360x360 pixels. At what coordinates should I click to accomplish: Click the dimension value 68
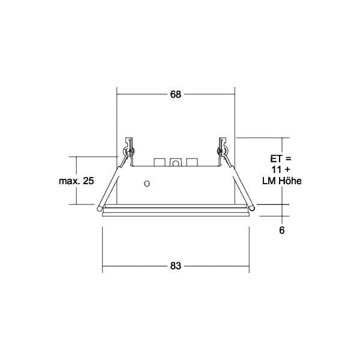pos(176,94)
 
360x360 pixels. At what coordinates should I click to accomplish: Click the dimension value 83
pos(176,266)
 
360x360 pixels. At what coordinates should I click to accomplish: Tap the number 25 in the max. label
pos(88,181)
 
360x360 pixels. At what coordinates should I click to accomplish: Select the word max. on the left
pos(70,181)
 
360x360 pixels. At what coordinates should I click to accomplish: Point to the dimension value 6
pos(282,230)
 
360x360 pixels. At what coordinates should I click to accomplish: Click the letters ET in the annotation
pos(275,158)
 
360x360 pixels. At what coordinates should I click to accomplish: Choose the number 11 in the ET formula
pos(276,170)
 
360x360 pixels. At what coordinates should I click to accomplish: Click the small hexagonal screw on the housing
pos(147,184)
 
